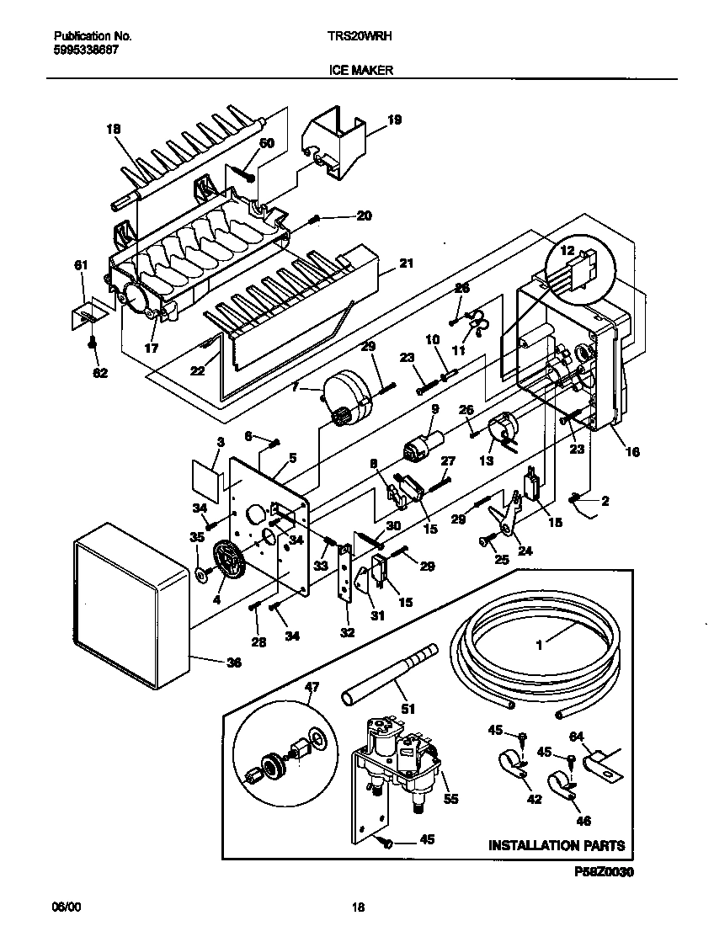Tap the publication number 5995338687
[86, 50]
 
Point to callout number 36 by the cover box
[233, 663]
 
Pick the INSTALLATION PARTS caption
[557, 845]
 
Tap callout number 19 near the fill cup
[394, 120]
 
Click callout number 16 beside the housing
[631, 452]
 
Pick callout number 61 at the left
[81, 266]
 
